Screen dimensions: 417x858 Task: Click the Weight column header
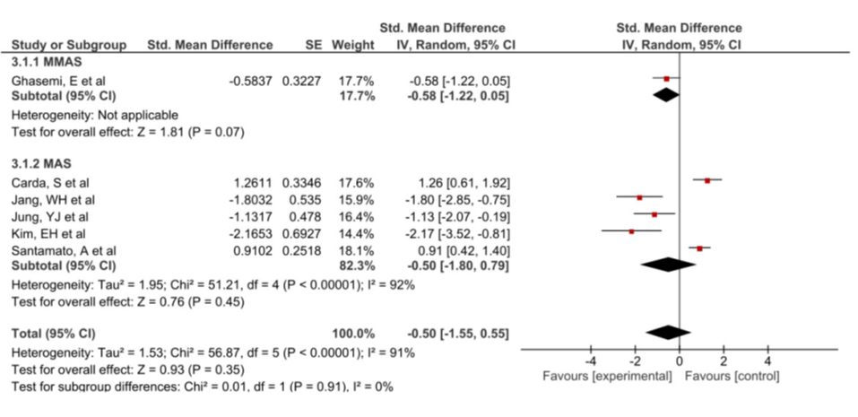click(x=346, y=44)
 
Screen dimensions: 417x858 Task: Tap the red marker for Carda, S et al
click(x=707, y=180)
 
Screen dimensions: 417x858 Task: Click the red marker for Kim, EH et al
click(x=631, y=231)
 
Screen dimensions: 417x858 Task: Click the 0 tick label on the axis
click(x=680, y=361)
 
